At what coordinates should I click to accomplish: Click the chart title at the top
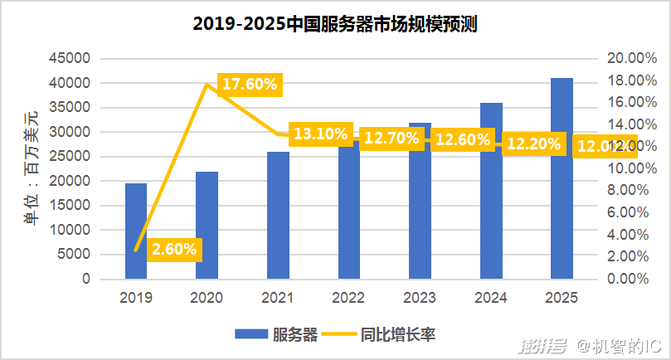335,24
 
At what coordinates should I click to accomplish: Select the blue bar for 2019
136,231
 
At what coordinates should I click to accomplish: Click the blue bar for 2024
491,191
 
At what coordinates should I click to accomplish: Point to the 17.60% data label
250,85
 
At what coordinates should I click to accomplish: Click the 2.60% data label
174,248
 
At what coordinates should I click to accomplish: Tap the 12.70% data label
391,139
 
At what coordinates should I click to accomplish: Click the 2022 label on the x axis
348,297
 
